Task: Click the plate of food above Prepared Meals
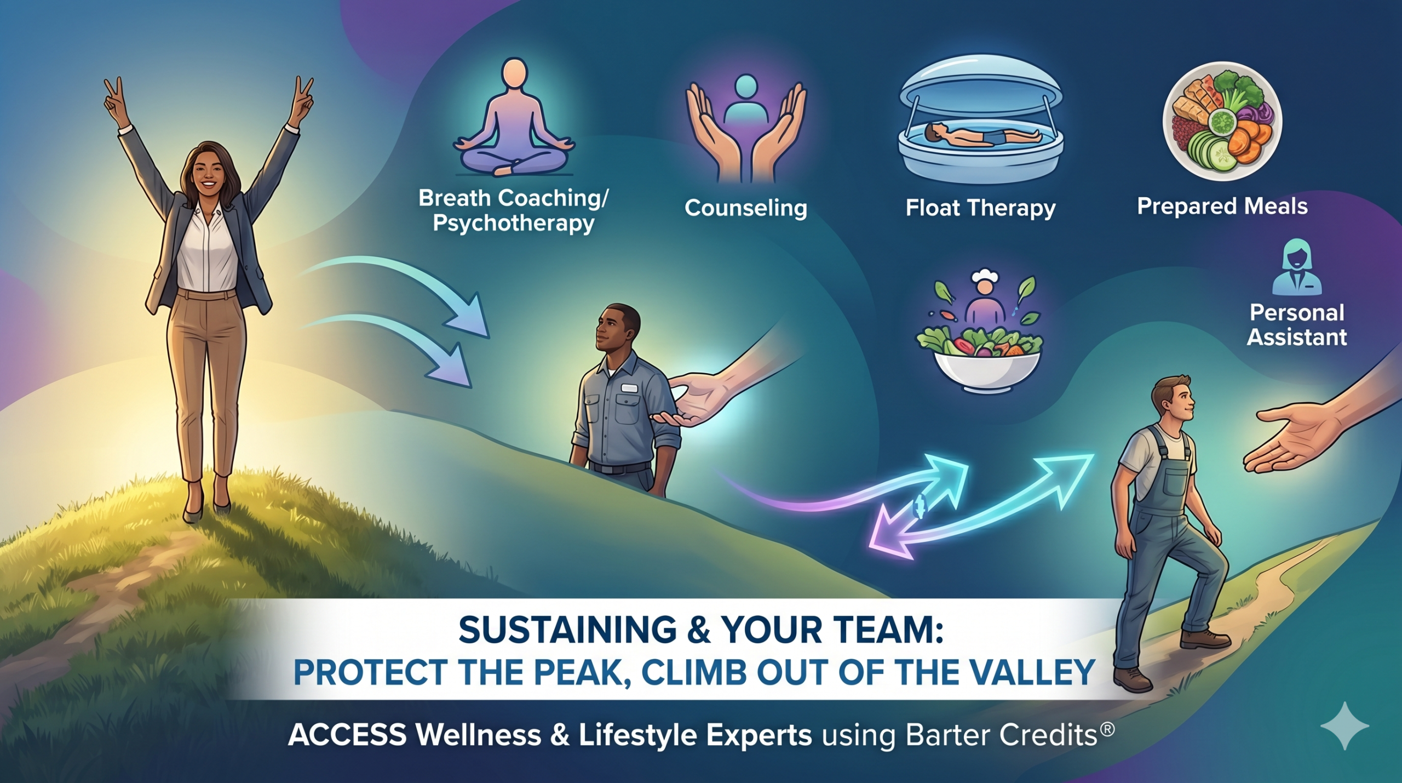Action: tap(1222, 121)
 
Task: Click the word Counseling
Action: tap(746, 208)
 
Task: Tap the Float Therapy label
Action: tap(980, 208)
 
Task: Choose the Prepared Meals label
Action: tap(1222, 207)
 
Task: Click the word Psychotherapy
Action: tap(513, 224)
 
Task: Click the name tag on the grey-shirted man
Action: tap(629, 388)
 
